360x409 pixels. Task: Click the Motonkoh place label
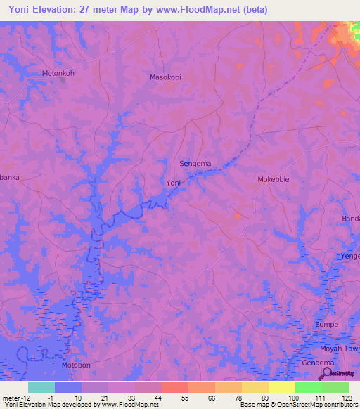(58, 72)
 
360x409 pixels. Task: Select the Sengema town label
(195, 164)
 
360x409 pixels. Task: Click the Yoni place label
(174, 183)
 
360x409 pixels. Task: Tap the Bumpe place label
(327, 325)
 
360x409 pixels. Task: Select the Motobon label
(76, 365)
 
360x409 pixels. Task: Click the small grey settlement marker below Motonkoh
(63, 80)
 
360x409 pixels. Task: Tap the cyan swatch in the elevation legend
(41, 387)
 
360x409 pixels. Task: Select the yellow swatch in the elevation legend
(281, 387)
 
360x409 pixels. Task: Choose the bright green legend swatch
(308, 387)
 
